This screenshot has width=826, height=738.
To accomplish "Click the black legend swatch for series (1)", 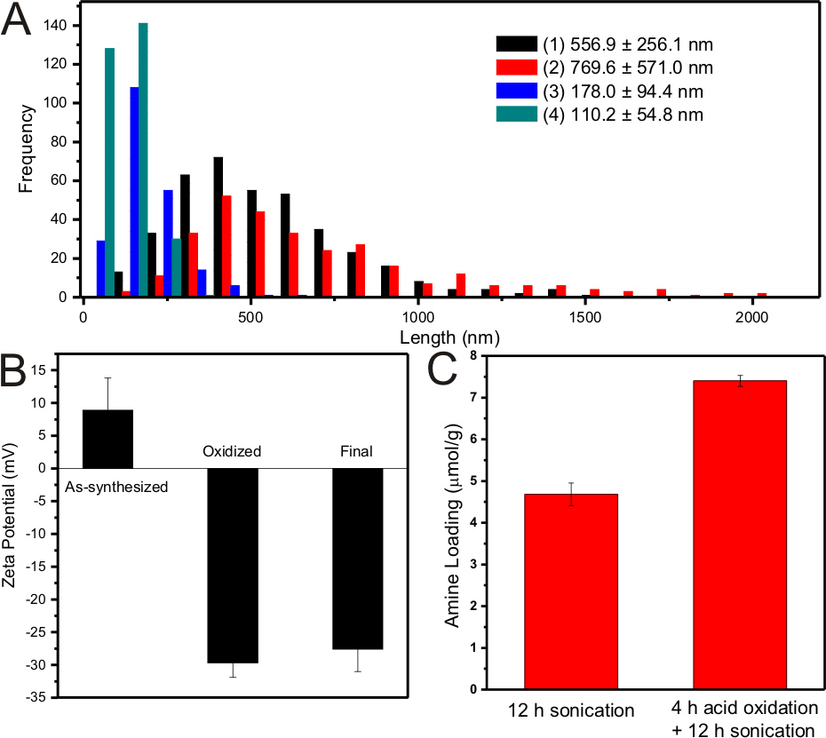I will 516,44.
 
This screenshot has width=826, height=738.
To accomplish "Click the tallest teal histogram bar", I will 143,160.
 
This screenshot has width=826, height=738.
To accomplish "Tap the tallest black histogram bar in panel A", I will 218,227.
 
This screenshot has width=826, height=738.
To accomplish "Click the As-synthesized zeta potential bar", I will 107,439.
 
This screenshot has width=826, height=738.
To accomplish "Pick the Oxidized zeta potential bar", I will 233,565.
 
